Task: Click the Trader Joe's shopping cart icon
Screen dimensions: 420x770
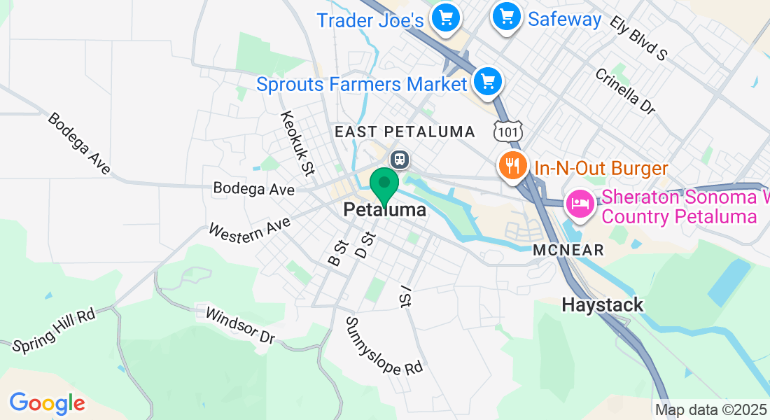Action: (445, 16)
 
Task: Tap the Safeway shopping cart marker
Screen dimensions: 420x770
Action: (507, 16)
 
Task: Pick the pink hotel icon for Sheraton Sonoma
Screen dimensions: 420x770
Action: (580, 204)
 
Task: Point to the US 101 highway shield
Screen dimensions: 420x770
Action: (505, 131)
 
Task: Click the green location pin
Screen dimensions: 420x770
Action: (384, 185)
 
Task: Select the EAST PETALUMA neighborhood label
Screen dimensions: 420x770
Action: (405, 132)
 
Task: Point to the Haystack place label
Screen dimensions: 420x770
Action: (603, 305)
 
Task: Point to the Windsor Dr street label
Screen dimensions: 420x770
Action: (239, 325)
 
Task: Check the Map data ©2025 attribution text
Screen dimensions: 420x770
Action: (711, 410)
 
